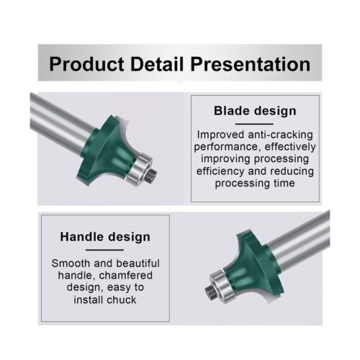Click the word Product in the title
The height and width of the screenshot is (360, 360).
88,64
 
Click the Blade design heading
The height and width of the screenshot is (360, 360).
254,111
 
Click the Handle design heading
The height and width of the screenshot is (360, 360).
105,236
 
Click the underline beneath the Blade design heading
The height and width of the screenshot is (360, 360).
254,123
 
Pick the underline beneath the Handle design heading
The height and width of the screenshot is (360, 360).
105,248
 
